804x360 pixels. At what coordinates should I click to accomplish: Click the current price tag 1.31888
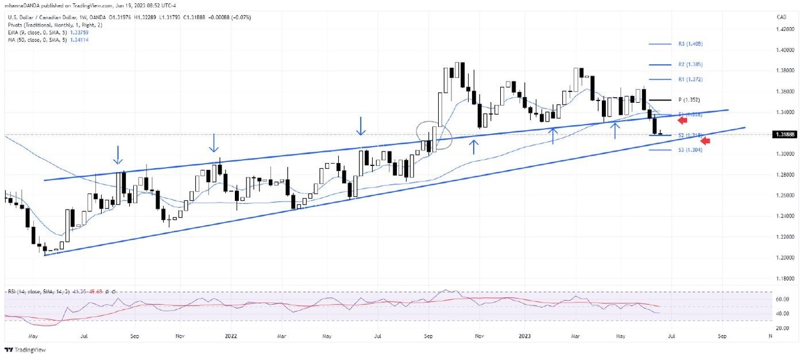coord(784,134)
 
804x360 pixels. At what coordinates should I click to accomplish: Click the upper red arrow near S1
coord(682,119)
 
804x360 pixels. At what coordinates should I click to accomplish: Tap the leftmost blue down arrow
coord(117,154)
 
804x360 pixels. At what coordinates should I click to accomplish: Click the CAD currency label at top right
coord(781,17)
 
